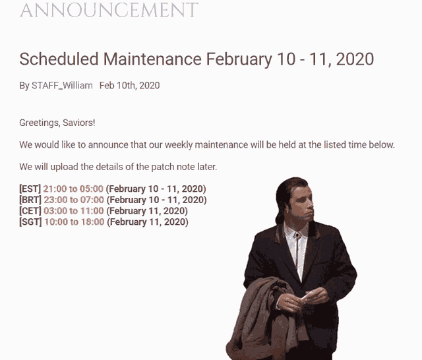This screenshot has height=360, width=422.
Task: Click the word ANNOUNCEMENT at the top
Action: (x=109, y=10)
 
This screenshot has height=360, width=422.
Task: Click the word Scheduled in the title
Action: (x=59, y=59)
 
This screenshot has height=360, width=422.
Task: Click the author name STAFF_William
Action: (x=62, y=86)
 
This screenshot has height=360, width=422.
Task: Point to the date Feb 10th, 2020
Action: (x=129, y=86)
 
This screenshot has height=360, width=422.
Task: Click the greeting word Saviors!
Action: (x=83, y=123)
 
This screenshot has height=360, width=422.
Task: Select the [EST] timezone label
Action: (x=30, y=189)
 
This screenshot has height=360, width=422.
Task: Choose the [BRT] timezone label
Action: (x=30, y=200)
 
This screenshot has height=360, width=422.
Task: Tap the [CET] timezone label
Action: (x=30, y=211)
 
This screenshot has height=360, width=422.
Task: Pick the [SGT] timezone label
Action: (x=30, y=222)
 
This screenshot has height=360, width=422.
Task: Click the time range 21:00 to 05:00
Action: (x=73, y=189)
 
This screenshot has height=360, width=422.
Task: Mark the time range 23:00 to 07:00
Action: (x=74, y=200)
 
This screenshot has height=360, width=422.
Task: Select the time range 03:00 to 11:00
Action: (x=73, y=211)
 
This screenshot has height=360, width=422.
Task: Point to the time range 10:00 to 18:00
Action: (x=74, y=222)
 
